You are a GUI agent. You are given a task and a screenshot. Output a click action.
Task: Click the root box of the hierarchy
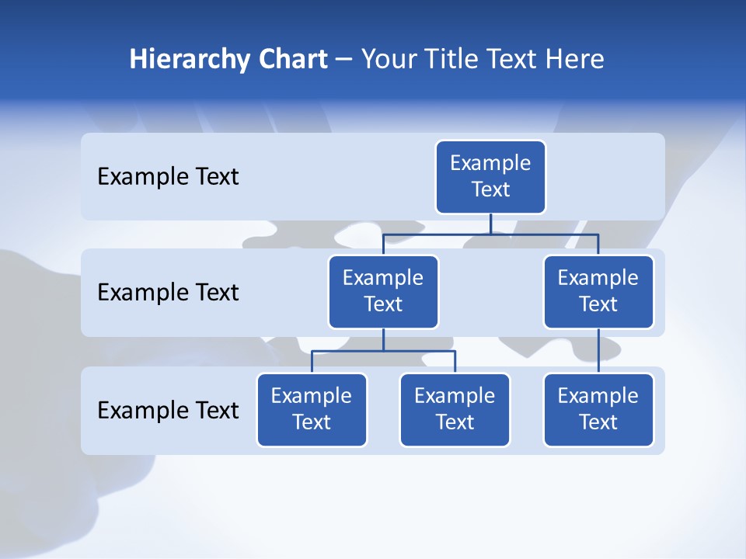click(490, 177)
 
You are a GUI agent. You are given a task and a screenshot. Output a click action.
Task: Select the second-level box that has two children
click(383, 292)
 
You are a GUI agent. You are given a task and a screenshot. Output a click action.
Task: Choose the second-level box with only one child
click(598, 292)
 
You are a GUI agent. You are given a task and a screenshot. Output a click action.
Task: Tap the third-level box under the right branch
click(598, 410)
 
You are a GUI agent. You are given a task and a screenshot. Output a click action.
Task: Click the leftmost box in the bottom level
click(312, 410)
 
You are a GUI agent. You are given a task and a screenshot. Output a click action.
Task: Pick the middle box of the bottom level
click(455, 410)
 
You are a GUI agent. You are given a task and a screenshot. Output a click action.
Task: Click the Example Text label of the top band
click(168, 177)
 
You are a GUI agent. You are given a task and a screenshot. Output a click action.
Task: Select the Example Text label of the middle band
click(168, 293)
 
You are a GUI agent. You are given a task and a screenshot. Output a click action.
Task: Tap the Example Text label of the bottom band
click(168, 410)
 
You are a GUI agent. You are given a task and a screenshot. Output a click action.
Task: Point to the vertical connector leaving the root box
click(490, 224)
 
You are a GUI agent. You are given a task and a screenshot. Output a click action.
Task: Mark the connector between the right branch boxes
click(598, 351)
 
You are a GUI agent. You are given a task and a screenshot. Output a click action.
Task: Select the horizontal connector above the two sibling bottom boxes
click(383, 351)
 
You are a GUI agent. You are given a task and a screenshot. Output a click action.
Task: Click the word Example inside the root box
click(490, 163)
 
